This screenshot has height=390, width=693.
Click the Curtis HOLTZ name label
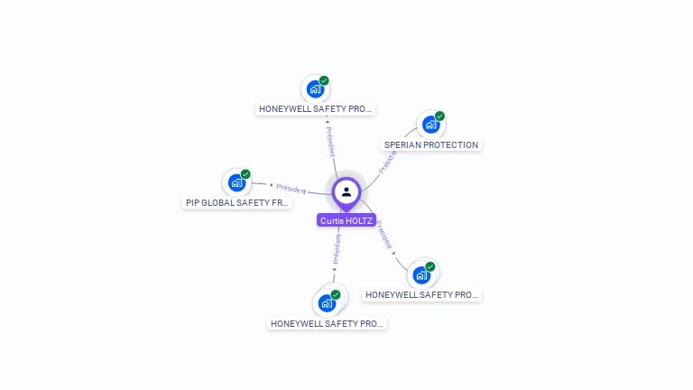pyautogui.click(x=346, y=220)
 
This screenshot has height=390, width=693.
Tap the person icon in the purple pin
pyautogui.click(x=346, y=191)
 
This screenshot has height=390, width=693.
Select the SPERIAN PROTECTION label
pyautogui.click(x=431, y=144)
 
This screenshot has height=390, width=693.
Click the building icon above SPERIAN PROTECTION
pyautogui.click(x=430, y=125)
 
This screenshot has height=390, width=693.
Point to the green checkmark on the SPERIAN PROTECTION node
pyautogui.click(x=439, y=116)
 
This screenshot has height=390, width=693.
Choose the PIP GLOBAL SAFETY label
pyautogui.click(x=237, y=203)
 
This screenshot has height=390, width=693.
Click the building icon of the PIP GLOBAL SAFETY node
pyautogui.click(x=236, y=182)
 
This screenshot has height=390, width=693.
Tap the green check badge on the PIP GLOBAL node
pyautogui.click(x=245, y=174)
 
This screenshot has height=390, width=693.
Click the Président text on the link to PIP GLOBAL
pyautogui.click(x=291, y=188)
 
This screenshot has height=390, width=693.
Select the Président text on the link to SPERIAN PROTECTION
pyautogui.click(x=388, y=161)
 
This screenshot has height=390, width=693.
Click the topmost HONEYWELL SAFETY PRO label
pyautogui.click(x=315, y=109)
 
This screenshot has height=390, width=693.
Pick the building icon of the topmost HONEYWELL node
pyautogui.click(x=315, y=88)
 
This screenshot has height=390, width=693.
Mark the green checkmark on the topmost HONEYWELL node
pyautogui.click(x=324, y=80)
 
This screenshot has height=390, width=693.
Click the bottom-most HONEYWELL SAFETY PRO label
pyautogui.click(x=328, y=323)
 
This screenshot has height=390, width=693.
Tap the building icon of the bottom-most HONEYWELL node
pyautogui.click(x=327, y=303)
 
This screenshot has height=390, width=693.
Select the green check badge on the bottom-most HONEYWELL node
pyautogui.click(x=336, y=295)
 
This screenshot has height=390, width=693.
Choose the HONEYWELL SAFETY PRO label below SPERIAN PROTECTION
pyautogui.click(x=421, y=295)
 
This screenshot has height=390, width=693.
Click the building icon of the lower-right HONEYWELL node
pyautogui.click(x=421, y=275)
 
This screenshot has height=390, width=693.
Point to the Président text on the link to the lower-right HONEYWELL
pyautogui.click(x=385, y=235)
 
